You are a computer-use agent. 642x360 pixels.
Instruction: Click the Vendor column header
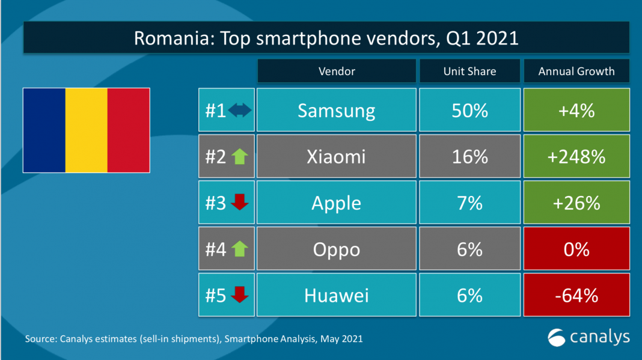(x=337, y=71)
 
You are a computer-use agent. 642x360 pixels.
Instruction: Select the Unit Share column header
(x=469, y=71)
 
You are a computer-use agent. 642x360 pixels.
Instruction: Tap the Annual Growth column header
(x=576, y=71)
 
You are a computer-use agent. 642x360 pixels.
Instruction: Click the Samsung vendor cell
(x=337, y=110)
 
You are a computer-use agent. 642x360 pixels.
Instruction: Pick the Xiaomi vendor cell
(x=337, y=156)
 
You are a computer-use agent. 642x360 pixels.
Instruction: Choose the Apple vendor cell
(x=337, y=203)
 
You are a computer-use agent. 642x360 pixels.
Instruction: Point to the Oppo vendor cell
(x=337, y=249)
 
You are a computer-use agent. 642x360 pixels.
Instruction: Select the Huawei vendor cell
(x=337, y=295)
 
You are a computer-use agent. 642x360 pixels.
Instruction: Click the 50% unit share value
(x=469, y=110)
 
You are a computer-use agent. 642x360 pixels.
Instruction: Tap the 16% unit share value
(x=469, y=156)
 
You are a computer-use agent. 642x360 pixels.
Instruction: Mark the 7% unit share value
(x=469, y=203)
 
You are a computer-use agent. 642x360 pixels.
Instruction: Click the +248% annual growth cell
(x=576, y=156)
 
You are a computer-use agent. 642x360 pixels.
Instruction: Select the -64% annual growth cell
(x=576, y=295)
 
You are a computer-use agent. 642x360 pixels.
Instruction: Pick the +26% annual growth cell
(x=576, y=203)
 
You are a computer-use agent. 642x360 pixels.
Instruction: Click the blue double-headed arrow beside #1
(x=240, y=111)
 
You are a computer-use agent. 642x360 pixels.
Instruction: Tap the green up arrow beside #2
(x=240, y=156)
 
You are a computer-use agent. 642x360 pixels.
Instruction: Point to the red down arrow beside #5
(x=240, y=295)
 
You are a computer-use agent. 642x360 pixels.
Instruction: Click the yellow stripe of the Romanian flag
(x=86, y=130)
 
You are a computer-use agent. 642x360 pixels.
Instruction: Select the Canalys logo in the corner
(x=588, y=337)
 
